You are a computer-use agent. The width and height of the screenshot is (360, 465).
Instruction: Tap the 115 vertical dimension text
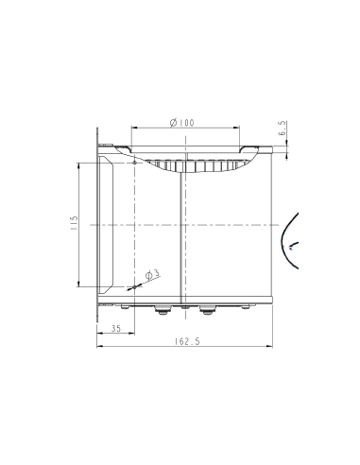click(x=72, y=224)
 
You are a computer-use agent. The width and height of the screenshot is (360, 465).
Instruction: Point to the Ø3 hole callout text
click(x=154, y=273)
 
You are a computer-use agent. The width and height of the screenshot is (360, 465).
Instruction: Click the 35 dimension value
click(x=115, y=328)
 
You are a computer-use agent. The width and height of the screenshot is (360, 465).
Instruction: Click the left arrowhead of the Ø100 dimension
click(x=133, y=129)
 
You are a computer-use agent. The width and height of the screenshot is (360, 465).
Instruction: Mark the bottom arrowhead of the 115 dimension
click(x=78, y=284)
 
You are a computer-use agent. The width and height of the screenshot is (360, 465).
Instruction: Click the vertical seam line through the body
click(x=180, y=236)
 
